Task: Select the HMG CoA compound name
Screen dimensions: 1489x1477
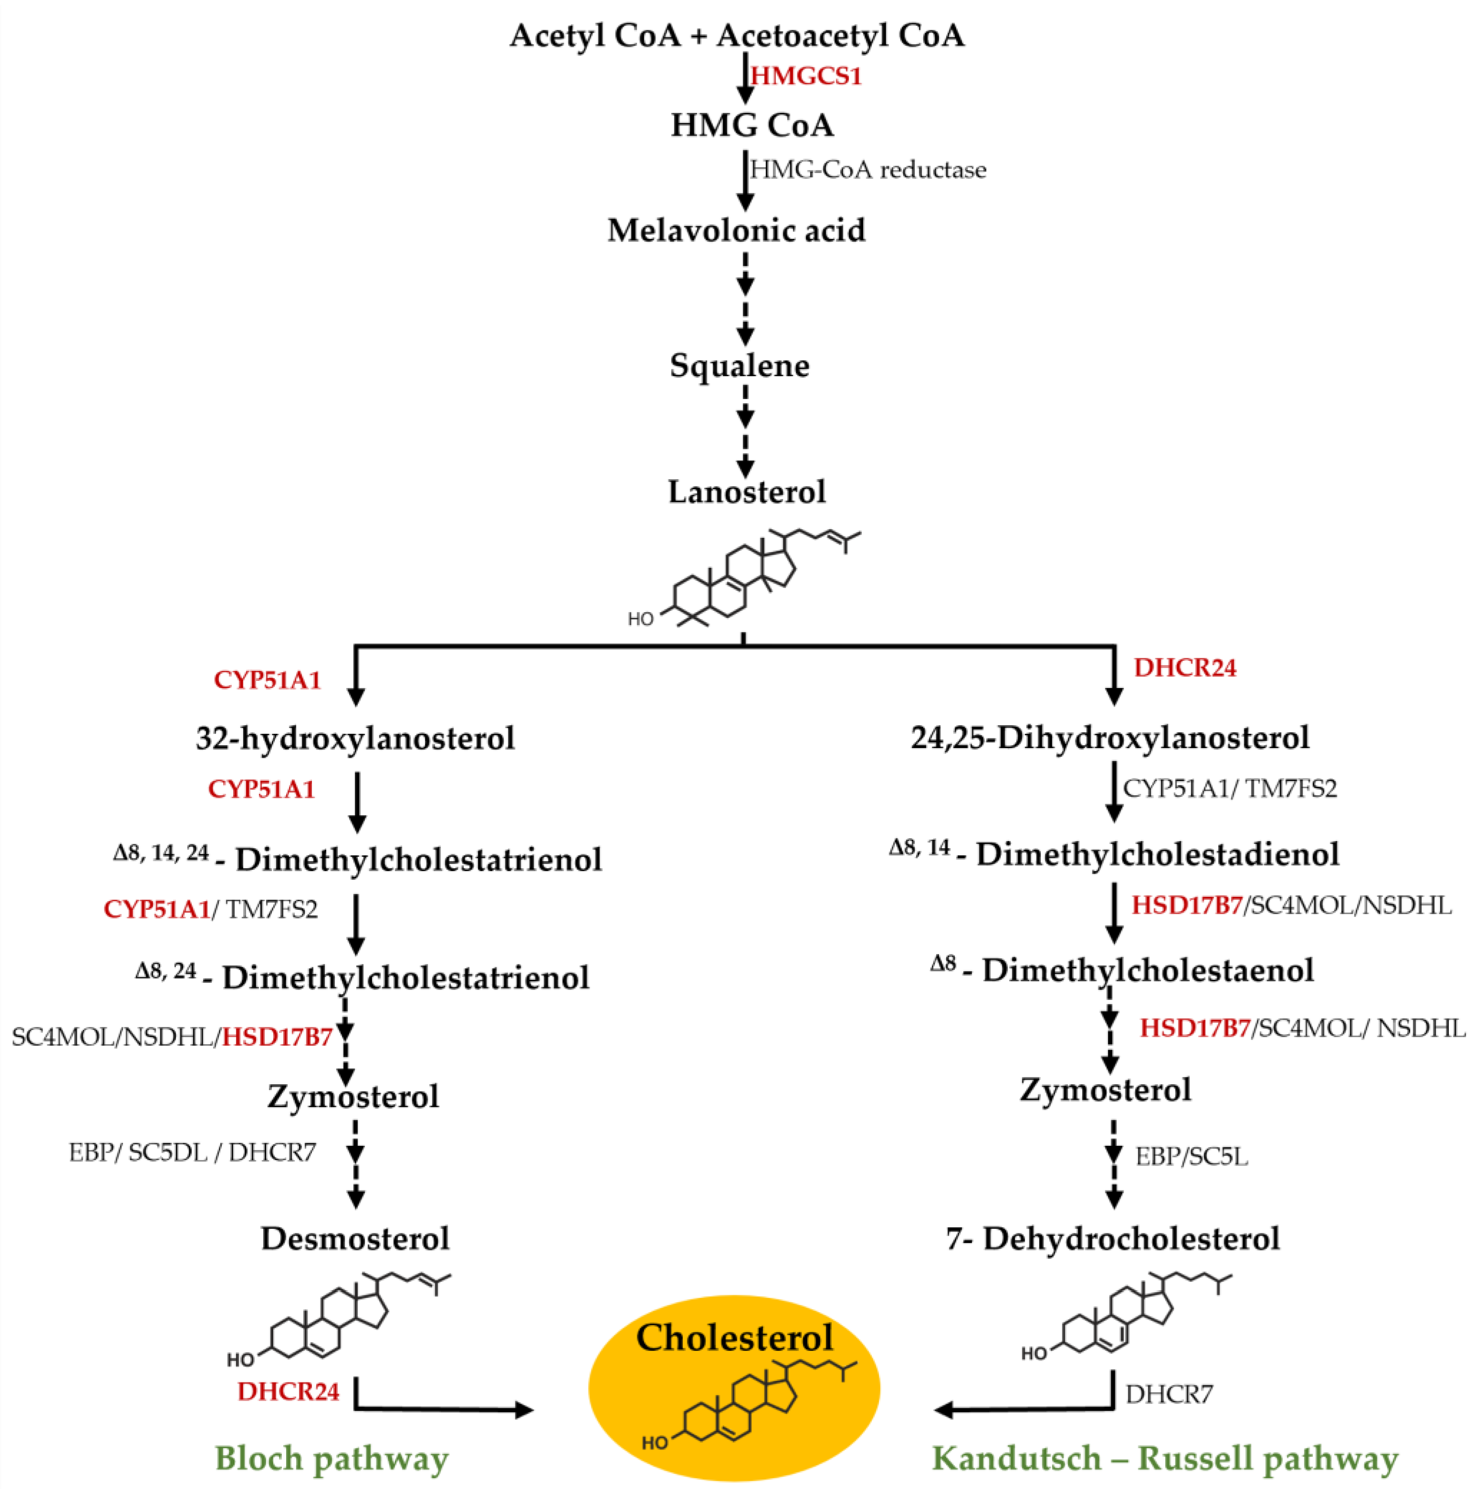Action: pyautogui.click(x=752, y=125)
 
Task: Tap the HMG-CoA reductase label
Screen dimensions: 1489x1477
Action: pyautogui.click(x=868, y=170)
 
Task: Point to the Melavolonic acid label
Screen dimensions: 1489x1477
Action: pyautogui.click(x=736, y=230)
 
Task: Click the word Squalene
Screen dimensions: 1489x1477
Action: pyautogui.click(x=739, y=365)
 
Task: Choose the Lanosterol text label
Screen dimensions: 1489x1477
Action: pyautogui.click(x=746, y=492)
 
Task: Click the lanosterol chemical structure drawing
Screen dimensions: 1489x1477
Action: pyautogui.click(x=744, y=578)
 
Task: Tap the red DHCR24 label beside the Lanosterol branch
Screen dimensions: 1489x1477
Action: pyautogui.click(x=1185, y=667)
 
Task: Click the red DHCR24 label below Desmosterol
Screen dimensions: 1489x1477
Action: pyautogui.click(x=289, y=1391)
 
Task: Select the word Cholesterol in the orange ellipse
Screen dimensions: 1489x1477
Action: pyautogui.click(x=734, y=1337)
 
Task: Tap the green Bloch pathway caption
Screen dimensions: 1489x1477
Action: pyautogui.click(x=331, y=1458)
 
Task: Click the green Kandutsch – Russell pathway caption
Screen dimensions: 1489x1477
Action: pyautogui.click(x=1165, y=1458)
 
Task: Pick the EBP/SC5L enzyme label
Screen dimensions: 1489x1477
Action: pyautogui.click(x=1191, y=1156)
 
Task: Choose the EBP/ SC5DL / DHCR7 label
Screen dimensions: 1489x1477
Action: pyautogui.click(x=193, y=1152)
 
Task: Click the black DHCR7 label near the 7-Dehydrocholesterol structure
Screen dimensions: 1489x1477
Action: pyautogui.click(x=1168, y=1394)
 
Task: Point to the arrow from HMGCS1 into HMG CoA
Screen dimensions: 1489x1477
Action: pyautogui.click(x=744, y=83)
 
